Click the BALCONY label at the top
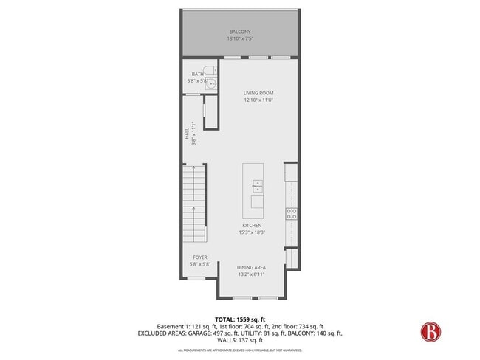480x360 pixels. point(240,32)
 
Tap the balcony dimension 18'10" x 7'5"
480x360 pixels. point(240,38)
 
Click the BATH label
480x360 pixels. point(197,74)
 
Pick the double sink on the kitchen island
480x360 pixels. point(258,185)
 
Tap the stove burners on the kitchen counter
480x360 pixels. point(291,215)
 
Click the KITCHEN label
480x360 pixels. point(251,226)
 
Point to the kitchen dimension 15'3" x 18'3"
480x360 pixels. point(251,232)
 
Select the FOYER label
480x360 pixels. point(200,257)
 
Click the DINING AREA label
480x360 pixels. point(251,267)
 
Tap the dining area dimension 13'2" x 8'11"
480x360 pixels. point(251,274)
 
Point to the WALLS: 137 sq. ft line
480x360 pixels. point(240,340)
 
